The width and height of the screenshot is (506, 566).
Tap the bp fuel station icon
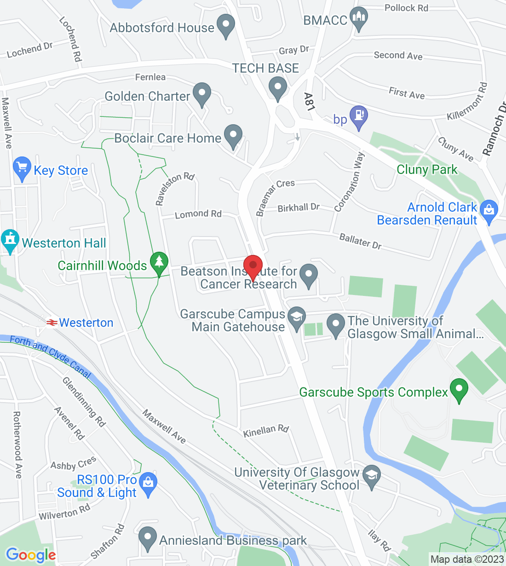tap(359, 117)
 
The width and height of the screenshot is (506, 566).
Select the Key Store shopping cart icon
tap(22, 168)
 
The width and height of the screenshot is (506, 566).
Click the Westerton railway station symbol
tap(52, 323)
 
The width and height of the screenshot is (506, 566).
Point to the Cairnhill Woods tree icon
tap(159, 263)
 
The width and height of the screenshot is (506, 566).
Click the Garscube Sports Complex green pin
tap(459, 390)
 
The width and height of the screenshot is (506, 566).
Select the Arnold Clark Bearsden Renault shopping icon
tap(489, 211)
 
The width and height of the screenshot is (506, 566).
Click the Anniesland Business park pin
tap(147, 538)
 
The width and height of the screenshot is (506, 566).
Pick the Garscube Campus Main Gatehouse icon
tap(297, 318)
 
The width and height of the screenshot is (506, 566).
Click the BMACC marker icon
tap(359, 19)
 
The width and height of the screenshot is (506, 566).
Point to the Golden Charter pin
tap(201, 94)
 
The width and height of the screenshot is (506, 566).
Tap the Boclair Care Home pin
tap(233, 136)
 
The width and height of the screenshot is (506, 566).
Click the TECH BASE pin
tap(277, 87)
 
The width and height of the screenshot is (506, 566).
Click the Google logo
tap(31, 555)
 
